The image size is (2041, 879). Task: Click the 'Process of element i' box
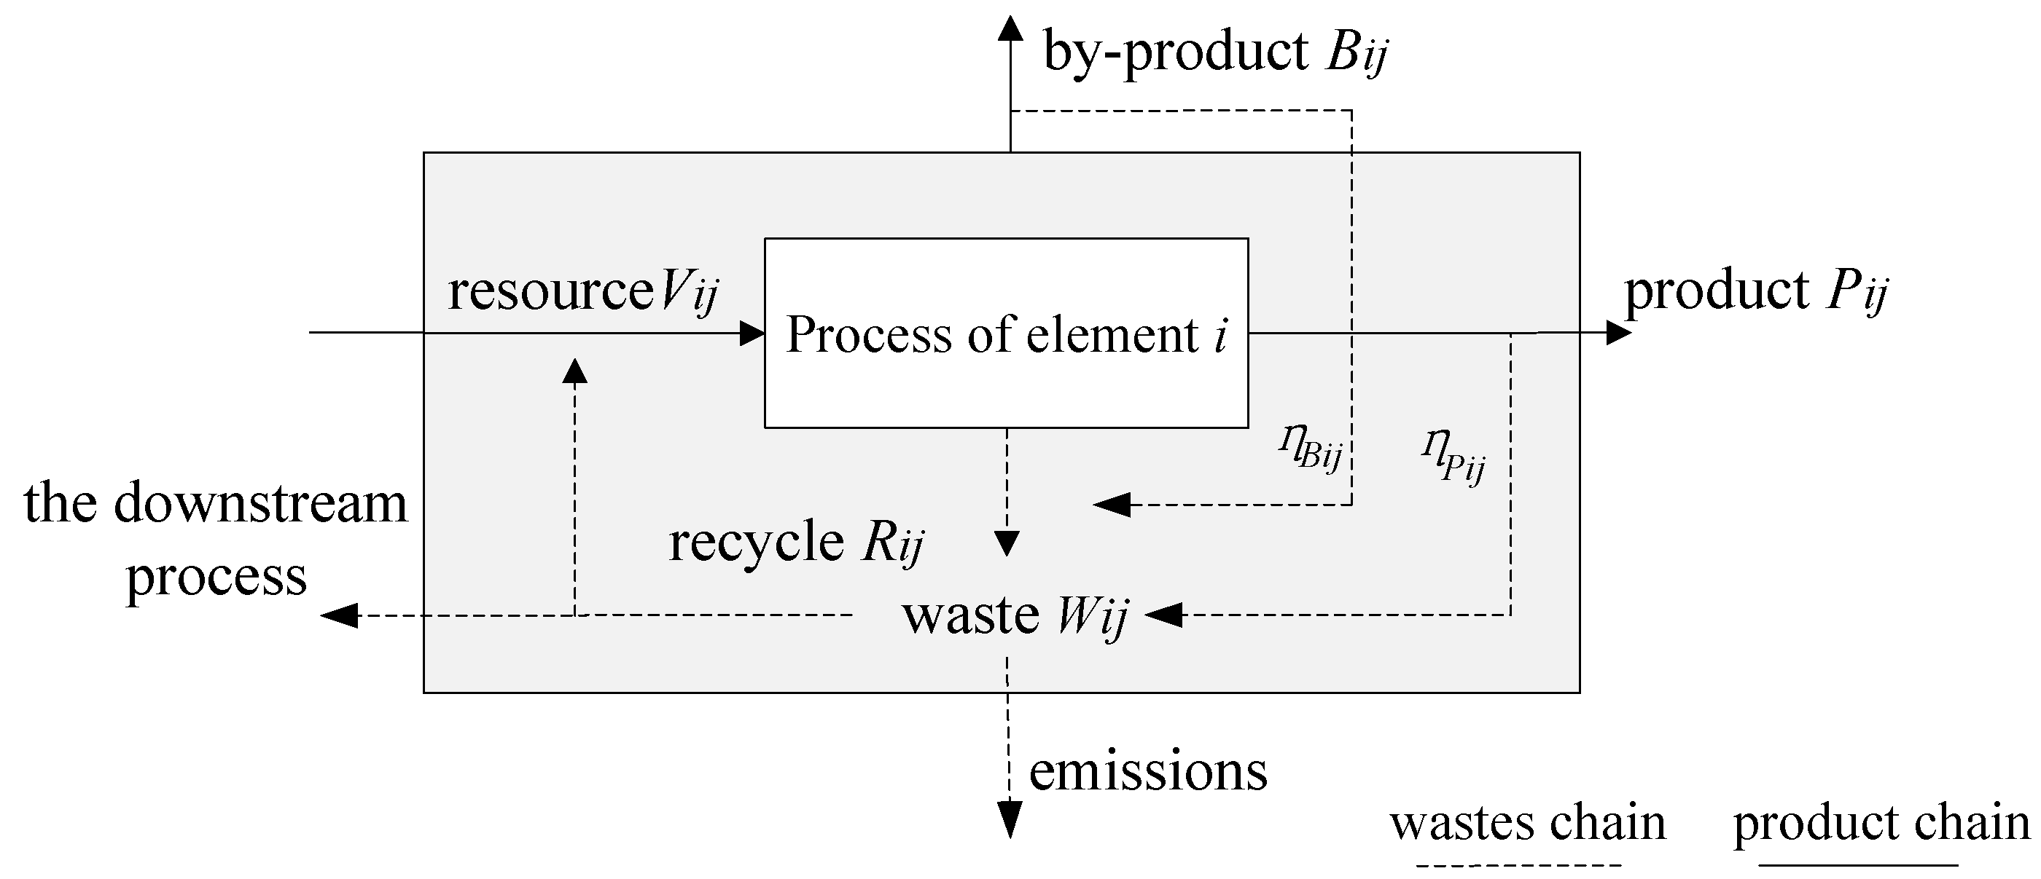[1006, 333]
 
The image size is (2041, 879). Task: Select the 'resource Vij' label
[582, 291]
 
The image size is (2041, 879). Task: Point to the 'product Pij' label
[1755, 291]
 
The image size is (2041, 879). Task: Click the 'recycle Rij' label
[795, 542]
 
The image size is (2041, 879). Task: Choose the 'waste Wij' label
[1014, 615]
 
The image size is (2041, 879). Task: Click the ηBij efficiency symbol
[1310, 451]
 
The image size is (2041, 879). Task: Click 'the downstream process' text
[216, 538]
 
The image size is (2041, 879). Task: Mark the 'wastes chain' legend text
[1527, 823]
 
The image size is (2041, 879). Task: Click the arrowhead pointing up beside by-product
[1010, 28]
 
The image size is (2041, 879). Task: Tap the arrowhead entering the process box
[751, 333]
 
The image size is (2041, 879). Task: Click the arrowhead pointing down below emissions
[1010, 819]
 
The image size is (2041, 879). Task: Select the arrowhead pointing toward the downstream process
[339, 615]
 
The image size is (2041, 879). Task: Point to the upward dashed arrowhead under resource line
[574, 371]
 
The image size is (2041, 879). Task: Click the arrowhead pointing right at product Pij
[1618, 333]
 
